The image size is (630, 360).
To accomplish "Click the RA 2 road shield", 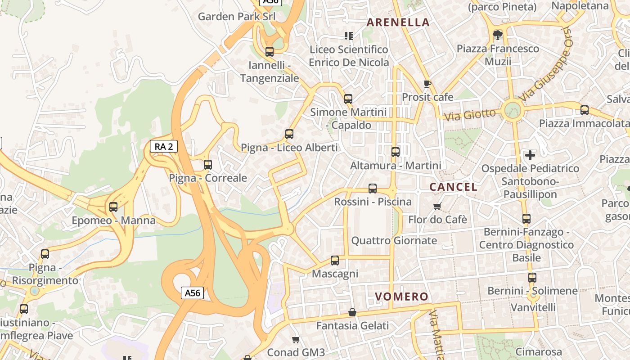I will click(x=164, y=146).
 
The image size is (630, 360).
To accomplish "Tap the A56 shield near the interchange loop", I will click(x=193, y=293).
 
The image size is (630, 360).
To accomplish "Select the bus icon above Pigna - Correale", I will click(x=207, y=165).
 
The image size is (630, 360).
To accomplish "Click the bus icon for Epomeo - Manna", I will click(x=113, y=207).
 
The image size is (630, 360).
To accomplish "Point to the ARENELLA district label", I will click(x=398, y=22).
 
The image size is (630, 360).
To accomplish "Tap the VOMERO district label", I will click(x=401, y=297).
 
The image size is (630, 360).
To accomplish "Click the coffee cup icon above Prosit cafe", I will click(x=427, y=84).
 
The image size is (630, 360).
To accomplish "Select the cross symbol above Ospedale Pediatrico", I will click(x=530, y=155).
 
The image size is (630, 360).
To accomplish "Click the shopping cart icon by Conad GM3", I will click(x=296, y=339).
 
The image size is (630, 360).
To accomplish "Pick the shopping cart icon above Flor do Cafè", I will click(x=437, y=206).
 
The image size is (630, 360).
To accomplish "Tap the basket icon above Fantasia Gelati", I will click(x=352, y=312).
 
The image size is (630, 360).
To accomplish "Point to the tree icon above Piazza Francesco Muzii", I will click(x=498, y=35).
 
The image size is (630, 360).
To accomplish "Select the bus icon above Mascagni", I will click(x=335, y=260).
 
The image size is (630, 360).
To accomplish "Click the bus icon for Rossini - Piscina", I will click(x=373, y=189).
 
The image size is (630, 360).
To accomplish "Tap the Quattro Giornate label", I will click(x=394, y=241).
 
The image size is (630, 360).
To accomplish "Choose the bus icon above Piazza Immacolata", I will click(x=584, y=110).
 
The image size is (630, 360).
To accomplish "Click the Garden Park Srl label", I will click(x=236, y=17).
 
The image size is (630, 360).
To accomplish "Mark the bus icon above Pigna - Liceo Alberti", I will click(x=289, y=134).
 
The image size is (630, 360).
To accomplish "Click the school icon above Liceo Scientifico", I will click(x=349, y=36).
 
